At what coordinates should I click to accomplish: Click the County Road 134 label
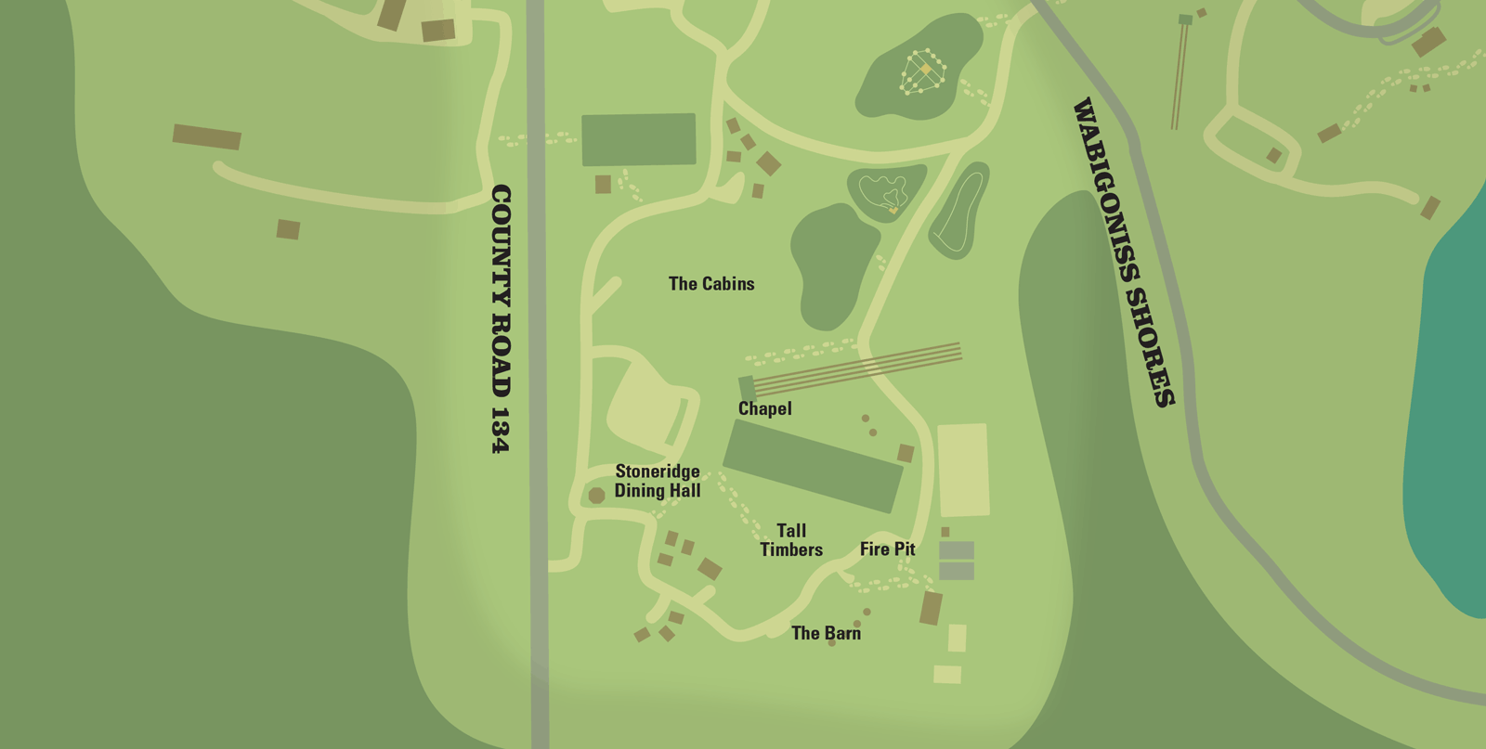(501, 318)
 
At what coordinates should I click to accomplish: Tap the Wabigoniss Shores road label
(1124, 252)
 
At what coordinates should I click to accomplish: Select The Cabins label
(711, 284)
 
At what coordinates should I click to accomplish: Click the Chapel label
(764, 408)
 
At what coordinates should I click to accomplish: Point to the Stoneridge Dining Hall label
(658, 481)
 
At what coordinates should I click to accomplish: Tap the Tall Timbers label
(791, 540)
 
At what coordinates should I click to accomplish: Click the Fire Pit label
(887, 549)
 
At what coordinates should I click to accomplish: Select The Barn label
(826, 633)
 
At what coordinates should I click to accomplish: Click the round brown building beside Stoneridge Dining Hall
(596, 496)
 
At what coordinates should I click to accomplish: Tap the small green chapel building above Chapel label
(747, 387)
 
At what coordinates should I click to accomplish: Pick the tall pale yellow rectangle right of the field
(963, 470)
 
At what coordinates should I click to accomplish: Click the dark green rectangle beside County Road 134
(639, 140)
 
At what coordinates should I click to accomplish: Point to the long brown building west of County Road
(207, 136)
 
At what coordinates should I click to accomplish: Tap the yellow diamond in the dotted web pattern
(925, 70)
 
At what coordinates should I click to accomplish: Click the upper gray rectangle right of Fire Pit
(957, 550)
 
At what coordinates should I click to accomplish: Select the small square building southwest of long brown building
(288, 229)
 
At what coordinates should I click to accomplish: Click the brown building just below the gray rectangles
(931, 609)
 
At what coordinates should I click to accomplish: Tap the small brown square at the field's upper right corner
(906, 453)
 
